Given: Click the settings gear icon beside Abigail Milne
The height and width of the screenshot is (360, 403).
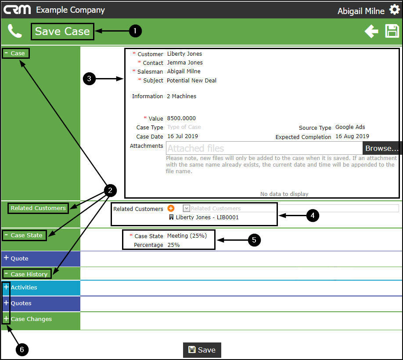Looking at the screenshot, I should [x=394, y=10].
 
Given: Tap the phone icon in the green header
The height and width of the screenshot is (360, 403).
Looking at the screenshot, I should [x=15, y=31].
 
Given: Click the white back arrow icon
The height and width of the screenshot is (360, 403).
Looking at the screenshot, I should [x=371, y=31].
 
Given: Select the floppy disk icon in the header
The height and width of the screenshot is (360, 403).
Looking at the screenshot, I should [x=392, y=31].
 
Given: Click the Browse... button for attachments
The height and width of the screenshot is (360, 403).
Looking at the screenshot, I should [x=382, y=148].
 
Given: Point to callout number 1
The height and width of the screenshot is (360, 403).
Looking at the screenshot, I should [x=135, y=31].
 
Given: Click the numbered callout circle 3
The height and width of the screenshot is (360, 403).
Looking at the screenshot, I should [x=89, y=79].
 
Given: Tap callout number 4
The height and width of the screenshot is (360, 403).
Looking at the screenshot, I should [x=312, y=215].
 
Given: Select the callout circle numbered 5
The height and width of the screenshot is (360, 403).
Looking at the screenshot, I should [x=254, y=240].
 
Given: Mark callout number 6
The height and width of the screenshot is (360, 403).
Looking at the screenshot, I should [x=22, y=349].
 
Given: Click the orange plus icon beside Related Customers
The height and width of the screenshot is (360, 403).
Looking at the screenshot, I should [x=171, y=209].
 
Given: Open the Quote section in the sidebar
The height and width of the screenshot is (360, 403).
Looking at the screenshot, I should [x=20, y=259].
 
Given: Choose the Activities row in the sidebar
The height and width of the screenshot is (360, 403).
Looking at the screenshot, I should [x=24, y=288].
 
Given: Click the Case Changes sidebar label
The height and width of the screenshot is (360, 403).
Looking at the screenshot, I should [x=31, y=319].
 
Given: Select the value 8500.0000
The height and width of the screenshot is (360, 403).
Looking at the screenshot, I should [x=181, y=118].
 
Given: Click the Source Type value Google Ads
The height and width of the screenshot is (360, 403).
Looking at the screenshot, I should [x=350, y=127].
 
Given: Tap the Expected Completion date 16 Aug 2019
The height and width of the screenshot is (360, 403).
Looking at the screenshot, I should [x=352, y=136].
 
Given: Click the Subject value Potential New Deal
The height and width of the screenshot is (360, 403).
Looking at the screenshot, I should [x=191, y=81].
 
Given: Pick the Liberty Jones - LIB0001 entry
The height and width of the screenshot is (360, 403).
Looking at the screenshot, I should [x=207, y=217].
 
